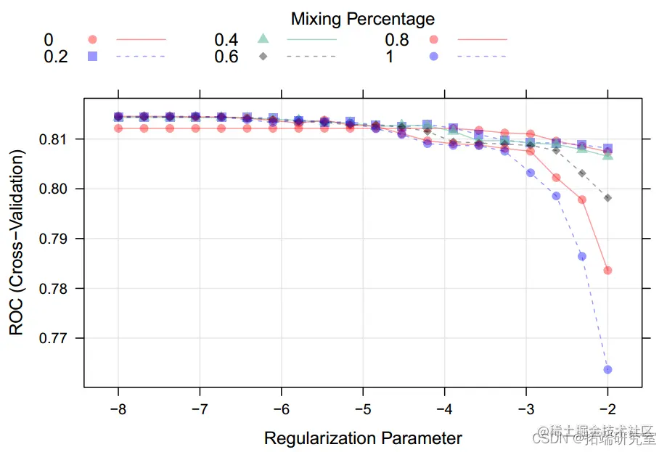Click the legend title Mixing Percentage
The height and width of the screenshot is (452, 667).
point(363,18)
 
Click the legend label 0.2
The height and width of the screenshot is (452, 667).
point(56,57)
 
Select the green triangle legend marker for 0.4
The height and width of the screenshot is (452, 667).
point(263,38)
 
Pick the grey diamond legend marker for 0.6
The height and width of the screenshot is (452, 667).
point(263,56)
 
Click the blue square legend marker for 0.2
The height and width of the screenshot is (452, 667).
point(92,56)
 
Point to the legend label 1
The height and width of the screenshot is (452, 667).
point(390,57)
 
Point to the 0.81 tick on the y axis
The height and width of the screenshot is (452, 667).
point(60,139)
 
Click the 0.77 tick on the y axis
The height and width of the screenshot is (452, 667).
point(60,338)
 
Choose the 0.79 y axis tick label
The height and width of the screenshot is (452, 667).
point(60,239)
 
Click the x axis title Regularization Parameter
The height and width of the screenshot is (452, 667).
point(363,438)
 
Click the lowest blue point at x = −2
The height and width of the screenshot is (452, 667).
point(607,369)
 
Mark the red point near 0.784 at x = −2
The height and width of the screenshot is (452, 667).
point(607,270)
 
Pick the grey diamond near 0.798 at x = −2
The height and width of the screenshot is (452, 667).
point(607,198)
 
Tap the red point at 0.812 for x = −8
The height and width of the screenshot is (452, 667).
point(118,128)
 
